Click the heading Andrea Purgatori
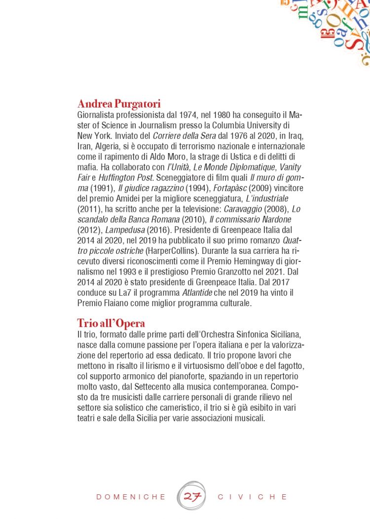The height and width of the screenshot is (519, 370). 119,104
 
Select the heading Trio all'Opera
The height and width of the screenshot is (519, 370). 111,323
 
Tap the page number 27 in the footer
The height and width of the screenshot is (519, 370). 191,496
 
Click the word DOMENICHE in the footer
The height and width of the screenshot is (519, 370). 131,497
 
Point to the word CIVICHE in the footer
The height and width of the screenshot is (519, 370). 253,497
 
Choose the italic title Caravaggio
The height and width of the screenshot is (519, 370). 243,209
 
